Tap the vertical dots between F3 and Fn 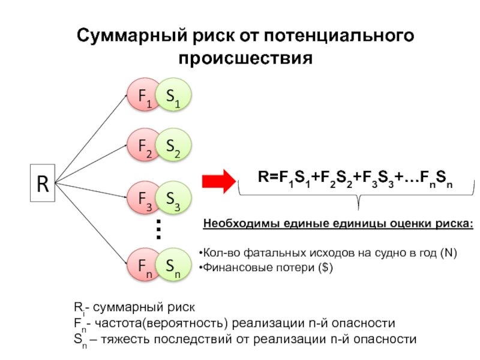(x=159, y=230)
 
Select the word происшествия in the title (x=247, y=59)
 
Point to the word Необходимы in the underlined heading (x=236, y=224)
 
